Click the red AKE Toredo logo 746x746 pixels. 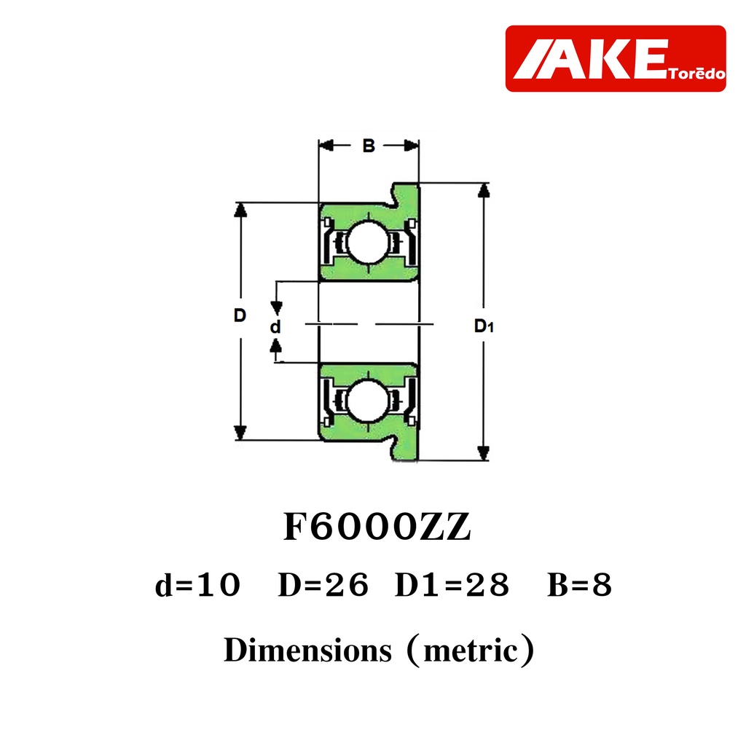coord(616,58)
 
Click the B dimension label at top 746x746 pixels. coord(368,146)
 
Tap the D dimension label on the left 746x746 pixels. coord(240,315)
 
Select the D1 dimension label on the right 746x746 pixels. coord(484,326)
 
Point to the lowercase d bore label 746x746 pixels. coord(275,326)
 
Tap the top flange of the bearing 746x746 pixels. coord(405,195)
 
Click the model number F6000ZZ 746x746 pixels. coord(377,527)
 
